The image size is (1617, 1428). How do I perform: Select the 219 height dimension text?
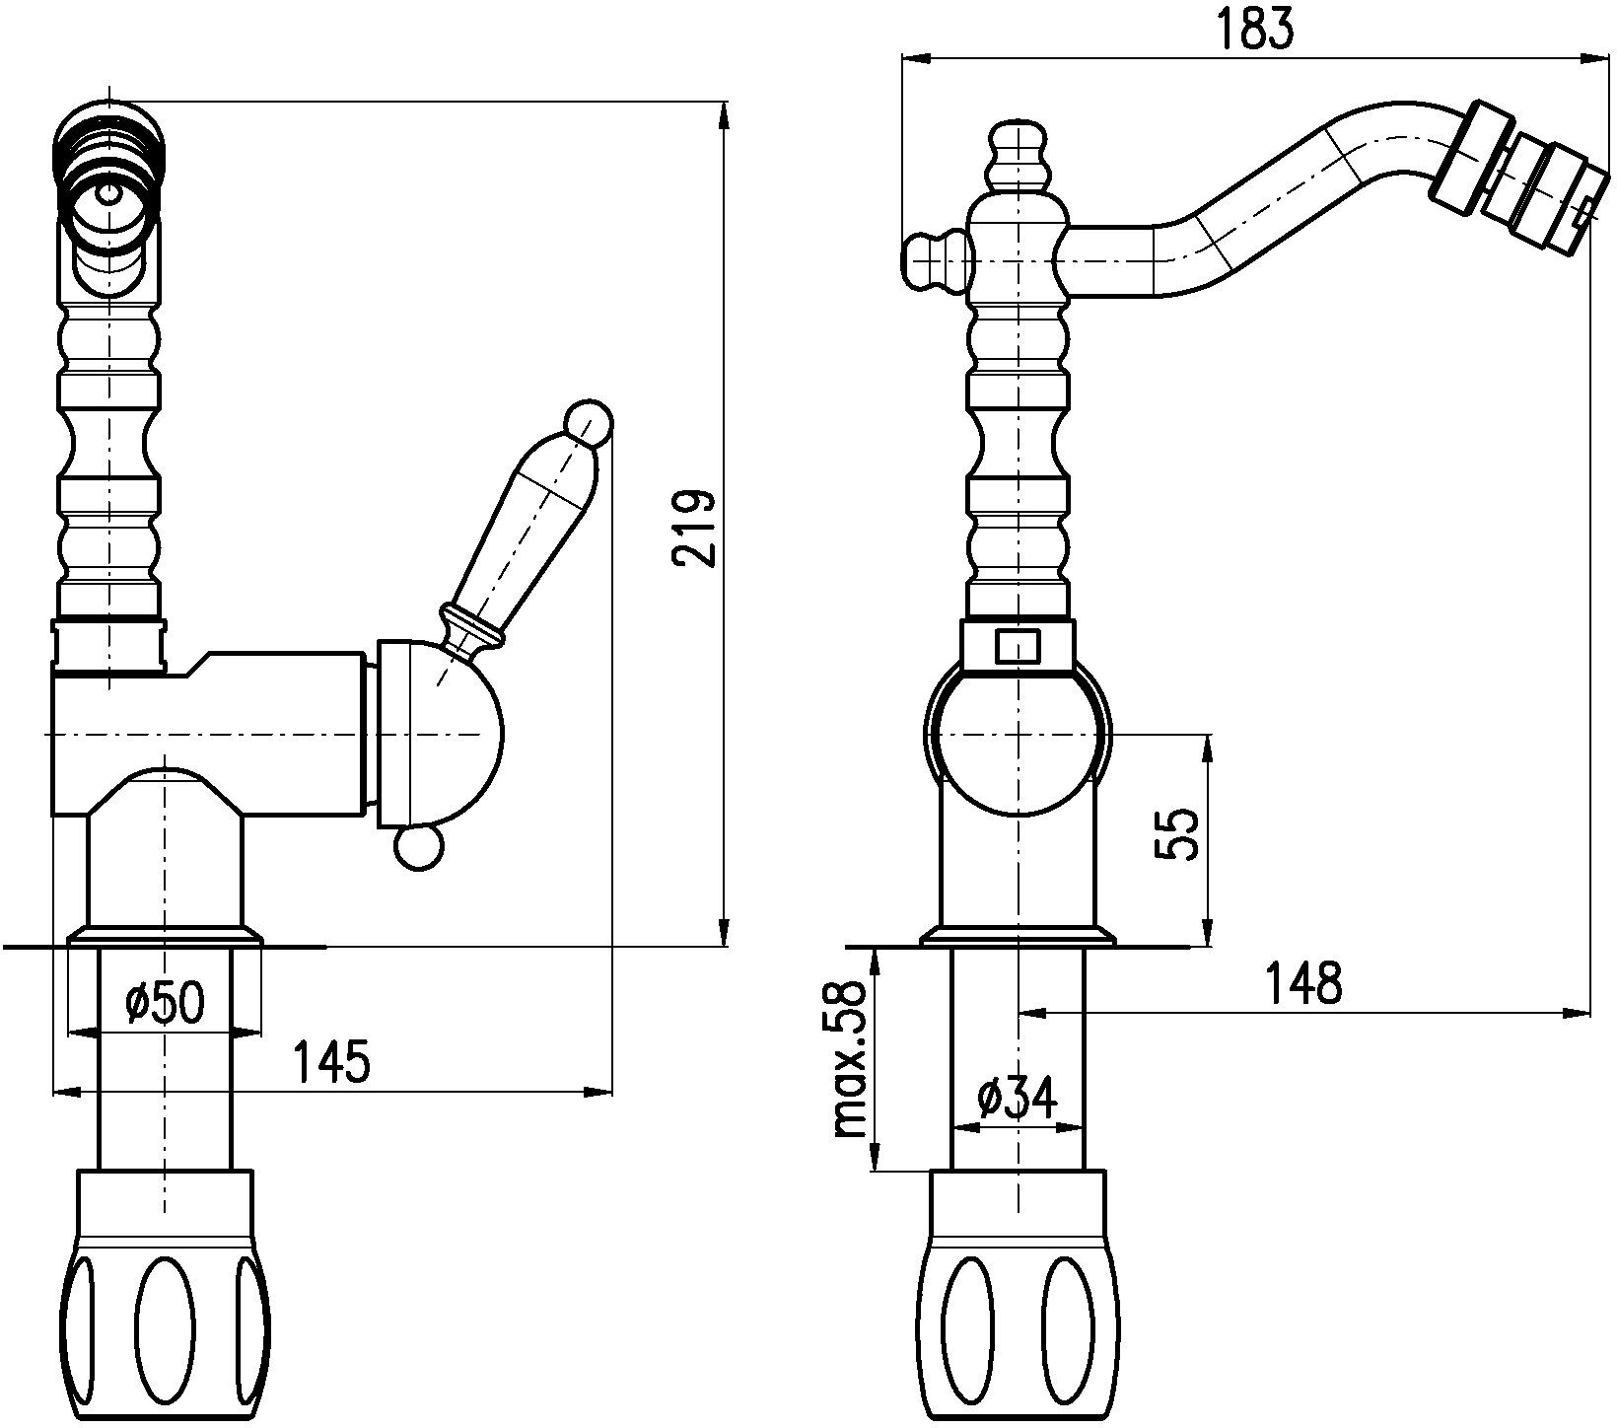(694, 528)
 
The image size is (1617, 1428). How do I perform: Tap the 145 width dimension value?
(331, 1062)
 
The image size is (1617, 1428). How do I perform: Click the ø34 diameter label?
(1017, 1097)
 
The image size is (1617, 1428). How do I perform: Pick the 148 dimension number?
(1304, 982)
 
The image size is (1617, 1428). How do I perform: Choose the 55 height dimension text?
(1177, 834)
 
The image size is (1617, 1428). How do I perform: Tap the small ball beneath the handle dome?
(418, 847)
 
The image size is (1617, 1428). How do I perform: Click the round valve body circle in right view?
(1018, 736)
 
